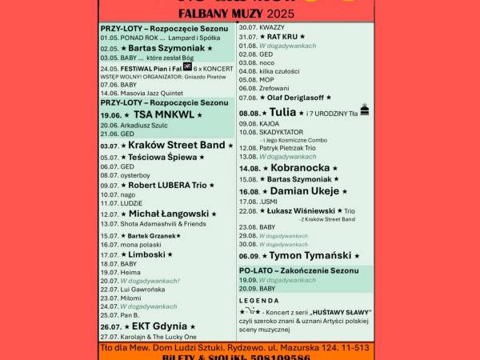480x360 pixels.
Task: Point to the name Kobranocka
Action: tap(300, 168)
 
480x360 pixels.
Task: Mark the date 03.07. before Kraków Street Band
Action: tap(110, 146)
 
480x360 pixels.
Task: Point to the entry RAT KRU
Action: tap(282, 37)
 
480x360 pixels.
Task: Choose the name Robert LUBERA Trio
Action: tap(167, 185)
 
